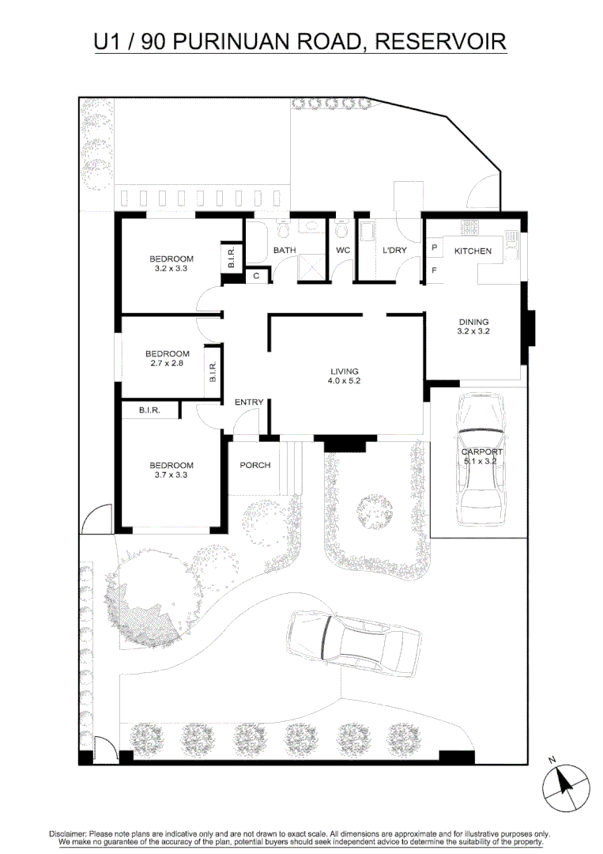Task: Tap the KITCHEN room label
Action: [x=473, y=251]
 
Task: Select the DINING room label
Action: [x=473, y=322]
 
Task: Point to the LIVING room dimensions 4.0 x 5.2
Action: [x=345, y=381]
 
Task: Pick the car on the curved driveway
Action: [x=353, y=642]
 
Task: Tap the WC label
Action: [x=342, y=251]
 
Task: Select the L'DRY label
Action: [x=394, y=251]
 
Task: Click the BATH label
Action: [x=284, y=251]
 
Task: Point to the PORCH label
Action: [x=255, y=465]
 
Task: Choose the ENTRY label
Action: [x=249, y=402]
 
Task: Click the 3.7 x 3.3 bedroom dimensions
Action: [x=171, y=475]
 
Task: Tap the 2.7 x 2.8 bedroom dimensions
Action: [x=167, y=363]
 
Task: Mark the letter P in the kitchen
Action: [x=434, y=248]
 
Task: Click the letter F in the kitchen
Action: [x=434, y=270]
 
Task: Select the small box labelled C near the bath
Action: [x=257, y=276]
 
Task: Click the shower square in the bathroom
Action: [x=313, y=268]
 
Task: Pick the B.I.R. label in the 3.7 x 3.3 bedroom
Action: [x=149, y=410]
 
